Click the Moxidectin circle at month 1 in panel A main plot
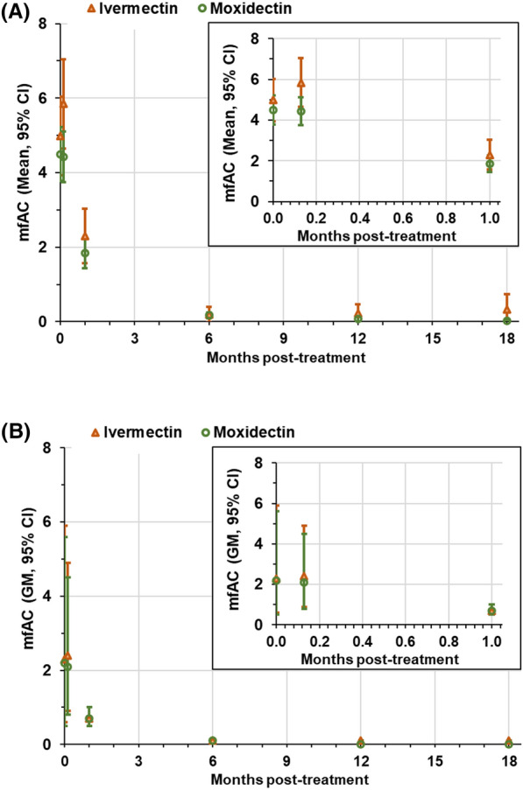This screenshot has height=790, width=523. click(x=85, y=253)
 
